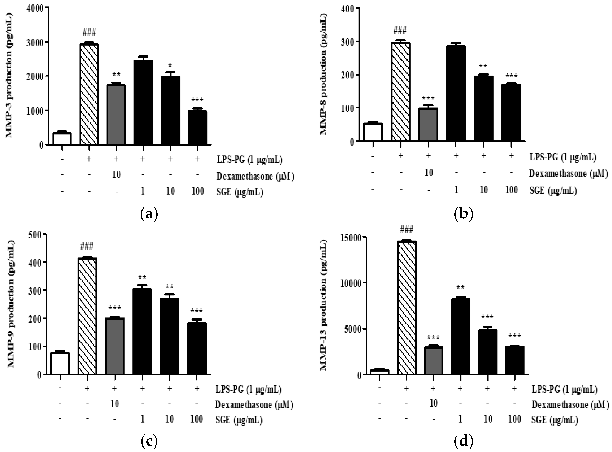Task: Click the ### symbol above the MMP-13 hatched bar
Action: pos(406,229)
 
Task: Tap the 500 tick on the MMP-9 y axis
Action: pos(37,234)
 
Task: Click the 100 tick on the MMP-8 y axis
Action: pos(347,108)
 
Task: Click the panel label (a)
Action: pos(149,214)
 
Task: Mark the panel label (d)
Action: pos(463,441)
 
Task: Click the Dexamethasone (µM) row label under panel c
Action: pos(254,404)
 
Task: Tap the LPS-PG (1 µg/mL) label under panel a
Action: pos(249,159)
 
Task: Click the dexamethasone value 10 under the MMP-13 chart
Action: pos(433,403)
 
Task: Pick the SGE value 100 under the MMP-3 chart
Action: pos(198,191)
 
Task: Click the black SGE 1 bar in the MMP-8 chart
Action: pos(456,93)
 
